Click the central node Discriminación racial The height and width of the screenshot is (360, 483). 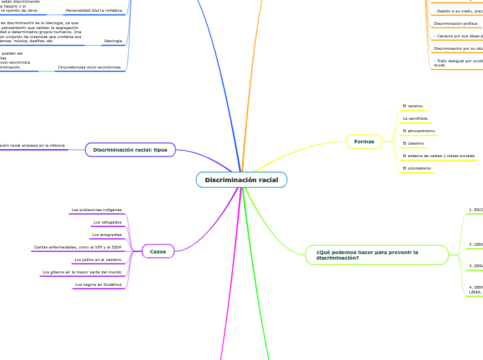coord(241,180)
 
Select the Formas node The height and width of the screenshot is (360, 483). coord(364,142)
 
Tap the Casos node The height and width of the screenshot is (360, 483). coord(158,251)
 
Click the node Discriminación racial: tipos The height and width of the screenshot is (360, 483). coord(130,150)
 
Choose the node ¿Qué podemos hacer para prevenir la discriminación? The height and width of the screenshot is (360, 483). coord(376,255)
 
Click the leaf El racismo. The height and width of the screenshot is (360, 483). coord(413,107)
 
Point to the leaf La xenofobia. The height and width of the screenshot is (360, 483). coord(416,118)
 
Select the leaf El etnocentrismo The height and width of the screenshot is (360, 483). coord(419,131)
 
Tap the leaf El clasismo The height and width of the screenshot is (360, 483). coord(414,143)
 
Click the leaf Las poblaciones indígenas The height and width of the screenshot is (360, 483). coord(96,210)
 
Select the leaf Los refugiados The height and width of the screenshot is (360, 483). coord(107,222)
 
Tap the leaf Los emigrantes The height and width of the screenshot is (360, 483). coord(107,235)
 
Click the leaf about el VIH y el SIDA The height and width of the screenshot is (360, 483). coord(78,247)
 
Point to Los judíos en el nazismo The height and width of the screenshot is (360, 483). coord(98,260)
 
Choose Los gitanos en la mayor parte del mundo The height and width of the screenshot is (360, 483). coord(82,272)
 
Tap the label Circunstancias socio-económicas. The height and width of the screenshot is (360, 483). coord(89,68)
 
